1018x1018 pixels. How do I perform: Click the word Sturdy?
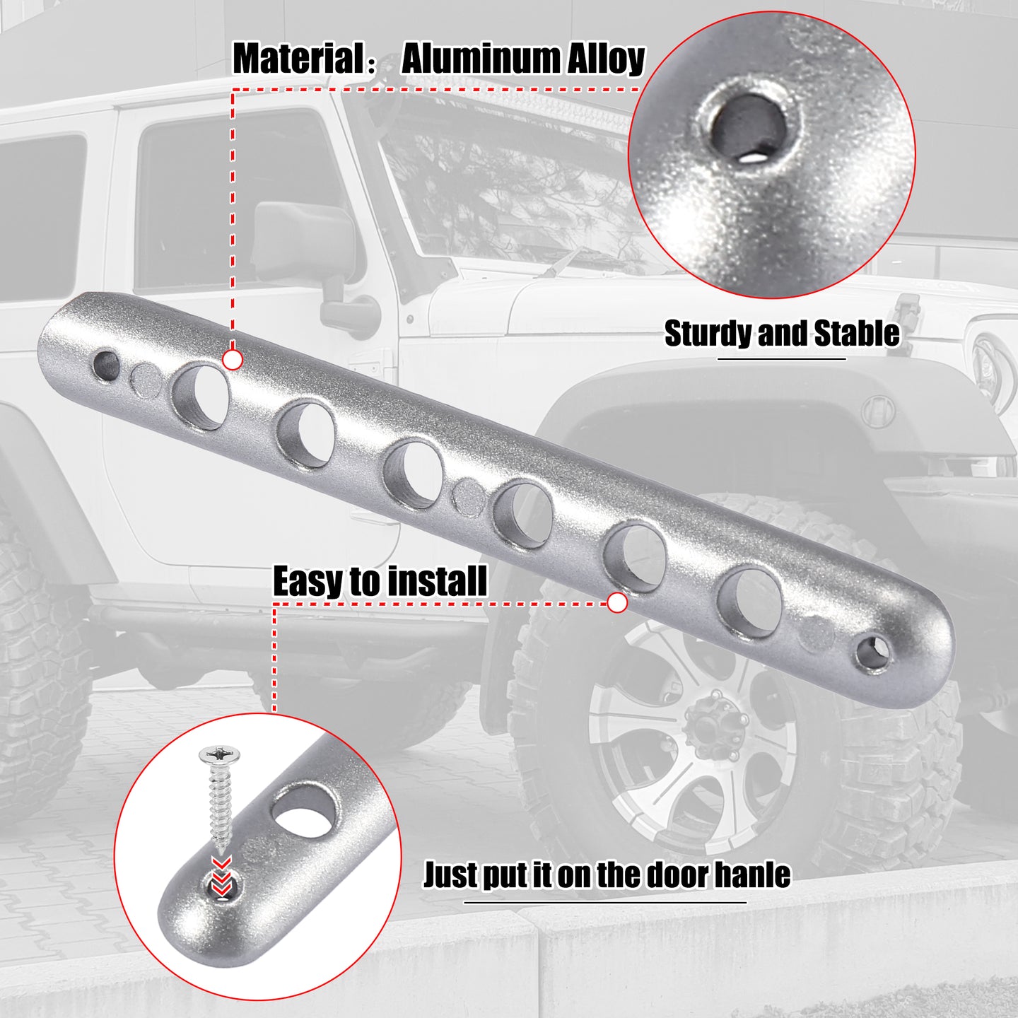[x=708, y=334]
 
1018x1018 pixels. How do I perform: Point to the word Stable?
[x=857, y=334]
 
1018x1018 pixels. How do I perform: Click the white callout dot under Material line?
[x=233, y=361]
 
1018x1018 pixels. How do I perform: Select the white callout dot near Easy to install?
[x=617, y=603]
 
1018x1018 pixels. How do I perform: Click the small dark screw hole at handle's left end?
[x=107, y=365]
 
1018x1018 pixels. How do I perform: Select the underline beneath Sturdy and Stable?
[x=782, y=359]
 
